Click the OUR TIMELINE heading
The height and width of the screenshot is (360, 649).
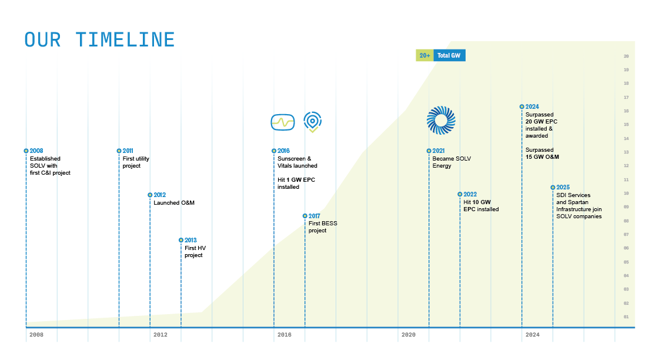click(x=100, y=40)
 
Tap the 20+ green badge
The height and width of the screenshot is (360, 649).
click(x=424, y=55)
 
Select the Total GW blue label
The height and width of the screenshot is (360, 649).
click(x=449, y=55)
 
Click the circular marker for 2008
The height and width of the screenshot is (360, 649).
click(x=26, y=151)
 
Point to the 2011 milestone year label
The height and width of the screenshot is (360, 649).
click(x=128, y=151)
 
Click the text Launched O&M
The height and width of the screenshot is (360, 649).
click(x=174, y=203)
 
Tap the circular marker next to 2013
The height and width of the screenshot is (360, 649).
click(x=181, y=240)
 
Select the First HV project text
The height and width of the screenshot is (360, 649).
click(x=195, y=252)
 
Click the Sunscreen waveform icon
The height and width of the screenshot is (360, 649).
click(x=282, y=122)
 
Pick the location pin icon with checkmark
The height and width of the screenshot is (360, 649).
click(x=313, y=122)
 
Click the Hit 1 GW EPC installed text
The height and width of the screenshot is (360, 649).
click(x=296, y=183)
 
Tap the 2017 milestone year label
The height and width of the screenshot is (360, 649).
click(x=315, y=216)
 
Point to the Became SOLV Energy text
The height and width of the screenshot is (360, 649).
click(x=451, y=162)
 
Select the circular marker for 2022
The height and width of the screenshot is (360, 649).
click(x=460, y=194)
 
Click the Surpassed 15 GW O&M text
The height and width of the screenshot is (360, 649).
click(x=542, y=154)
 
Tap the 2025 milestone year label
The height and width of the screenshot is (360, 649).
click(x=563, y=188)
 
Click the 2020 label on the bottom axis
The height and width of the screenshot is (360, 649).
click(x=408, y=335)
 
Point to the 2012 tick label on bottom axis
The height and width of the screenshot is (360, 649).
click(x=160, y=335)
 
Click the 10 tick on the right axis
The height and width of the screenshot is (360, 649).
click(x=626, y=194)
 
